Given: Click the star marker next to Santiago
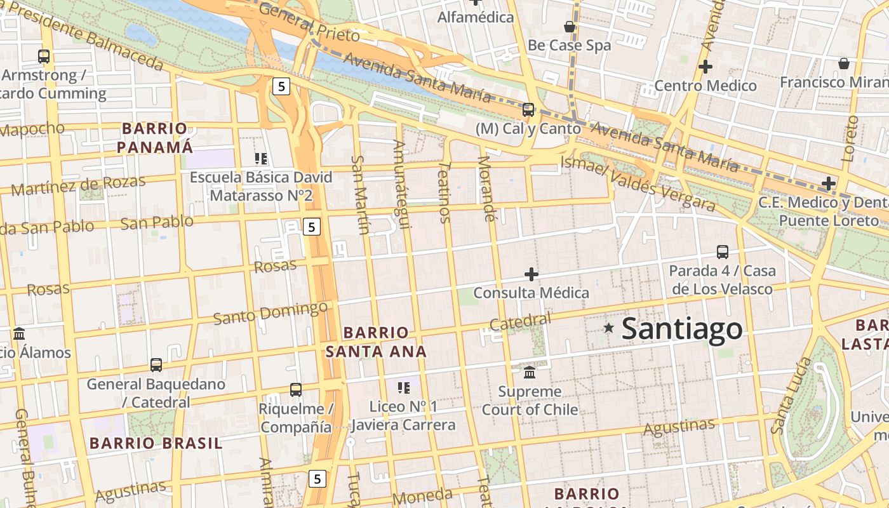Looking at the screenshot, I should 609,328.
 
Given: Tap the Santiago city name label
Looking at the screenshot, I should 682,329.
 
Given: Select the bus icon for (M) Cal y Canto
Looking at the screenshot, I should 528,109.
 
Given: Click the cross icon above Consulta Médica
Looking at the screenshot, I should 531,274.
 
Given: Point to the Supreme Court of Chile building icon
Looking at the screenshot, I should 530,372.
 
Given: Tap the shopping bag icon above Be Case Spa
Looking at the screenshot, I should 570,27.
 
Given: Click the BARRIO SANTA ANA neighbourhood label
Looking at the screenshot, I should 376,342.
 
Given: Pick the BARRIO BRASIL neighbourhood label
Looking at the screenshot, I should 156,443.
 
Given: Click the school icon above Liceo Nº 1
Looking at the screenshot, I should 403,387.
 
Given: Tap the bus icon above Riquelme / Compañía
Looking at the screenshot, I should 296,390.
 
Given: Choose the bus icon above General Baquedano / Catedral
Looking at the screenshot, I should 156,365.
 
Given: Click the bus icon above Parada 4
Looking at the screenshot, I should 723,252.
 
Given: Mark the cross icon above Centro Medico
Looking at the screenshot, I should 705,66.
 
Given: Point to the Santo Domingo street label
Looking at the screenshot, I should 271,313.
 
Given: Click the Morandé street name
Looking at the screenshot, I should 486,189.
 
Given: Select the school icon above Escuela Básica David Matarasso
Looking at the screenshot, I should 261,158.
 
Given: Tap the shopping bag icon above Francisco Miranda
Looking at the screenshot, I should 844,63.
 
